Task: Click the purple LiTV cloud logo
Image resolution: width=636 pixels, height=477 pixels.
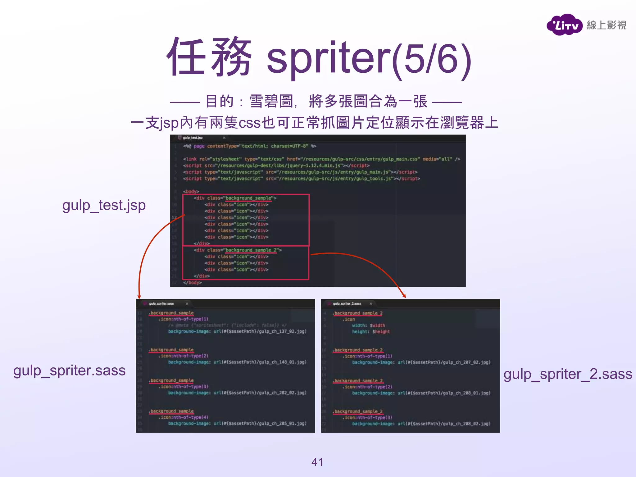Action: tap(564, 25)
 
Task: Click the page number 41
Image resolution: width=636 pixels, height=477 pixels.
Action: tap(317, 462)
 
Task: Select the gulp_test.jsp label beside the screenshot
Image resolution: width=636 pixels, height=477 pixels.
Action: tap(104, 205)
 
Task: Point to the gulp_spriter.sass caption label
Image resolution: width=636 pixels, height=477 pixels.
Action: tap(69, 370)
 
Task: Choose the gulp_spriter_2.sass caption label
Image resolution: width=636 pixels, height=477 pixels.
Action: tap(567, 374)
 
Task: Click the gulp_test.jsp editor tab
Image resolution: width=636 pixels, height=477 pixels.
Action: tap(193, 138)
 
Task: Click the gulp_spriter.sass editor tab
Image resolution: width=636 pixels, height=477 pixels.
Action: tap(161, 303)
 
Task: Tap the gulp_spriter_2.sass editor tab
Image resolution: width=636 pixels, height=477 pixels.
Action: tap(347, 303)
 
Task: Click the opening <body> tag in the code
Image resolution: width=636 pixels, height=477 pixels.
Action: tap(191, 191)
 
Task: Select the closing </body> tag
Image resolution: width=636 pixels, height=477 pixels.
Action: tap(192, 283)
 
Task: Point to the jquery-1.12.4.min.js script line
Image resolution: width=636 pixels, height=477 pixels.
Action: tap(276, 166)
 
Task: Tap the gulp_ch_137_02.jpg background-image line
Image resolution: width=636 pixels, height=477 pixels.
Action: tap(237, 331)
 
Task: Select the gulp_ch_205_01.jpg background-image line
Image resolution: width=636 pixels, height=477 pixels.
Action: tap(237, 423)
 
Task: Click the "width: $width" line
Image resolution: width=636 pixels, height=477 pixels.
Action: tap(368, 325)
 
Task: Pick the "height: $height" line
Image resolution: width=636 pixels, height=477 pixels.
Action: tap(371, 332)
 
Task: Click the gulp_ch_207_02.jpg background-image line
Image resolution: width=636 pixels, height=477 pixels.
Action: tap(421, 362)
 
